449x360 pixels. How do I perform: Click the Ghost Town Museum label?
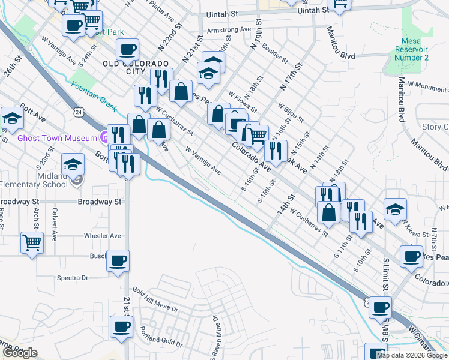pos(53,138)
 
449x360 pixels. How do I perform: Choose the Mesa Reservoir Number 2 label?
pos(411,49)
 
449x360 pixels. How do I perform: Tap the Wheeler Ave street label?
pos(103,236)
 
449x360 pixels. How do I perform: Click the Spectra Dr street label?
pos(72,278)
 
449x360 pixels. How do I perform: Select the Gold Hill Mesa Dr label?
pos(155,299)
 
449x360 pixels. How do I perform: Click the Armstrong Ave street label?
pos(228,29)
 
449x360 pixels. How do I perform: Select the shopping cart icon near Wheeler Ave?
pos(32,243)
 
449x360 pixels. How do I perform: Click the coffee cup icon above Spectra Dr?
pos(118,260)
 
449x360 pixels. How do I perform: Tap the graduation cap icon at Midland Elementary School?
pos(73,164)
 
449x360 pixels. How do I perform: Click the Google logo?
pos(20,353)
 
